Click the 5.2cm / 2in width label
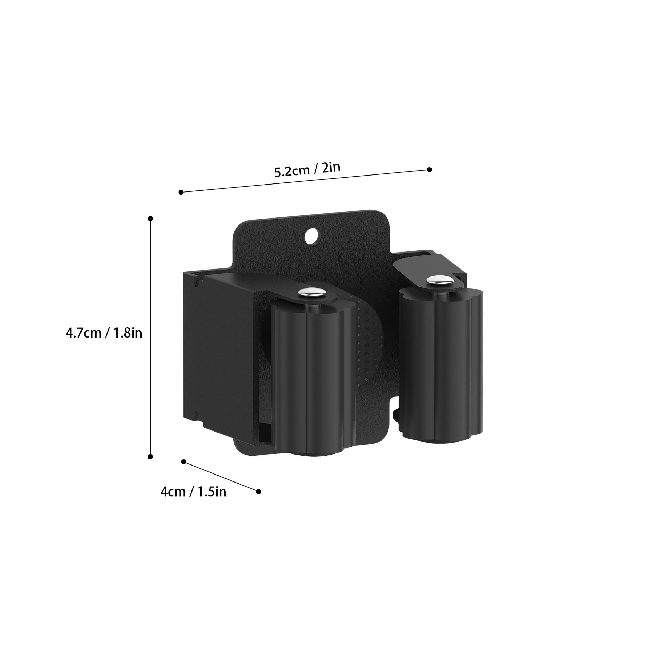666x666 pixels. coord(307,170)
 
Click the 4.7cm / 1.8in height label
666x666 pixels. coord(104,333)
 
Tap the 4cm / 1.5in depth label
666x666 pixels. coord(193,492)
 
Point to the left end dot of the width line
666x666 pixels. coord(181,192)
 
